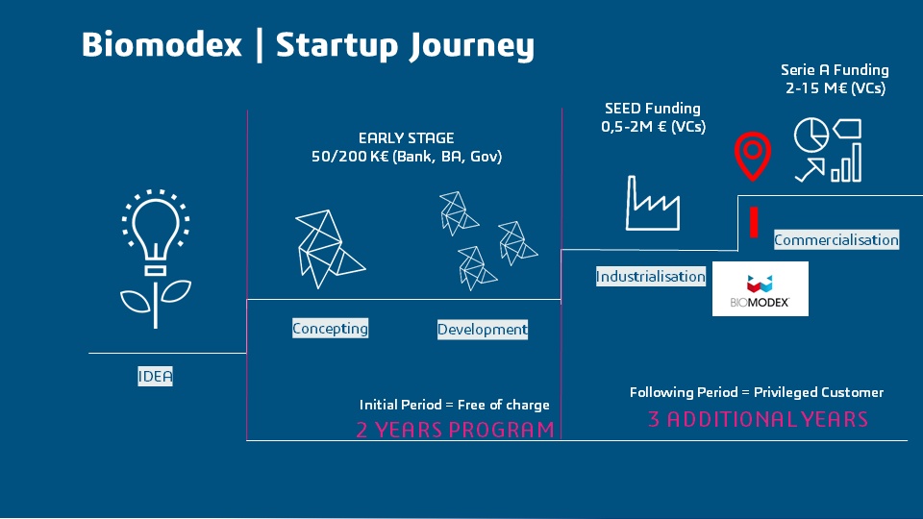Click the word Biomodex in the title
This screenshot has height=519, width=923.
tap(162, 45)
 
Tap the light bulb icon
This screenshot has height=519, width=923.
tap(155, 231)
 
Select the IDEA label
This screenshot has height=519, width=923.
tap(155, 377)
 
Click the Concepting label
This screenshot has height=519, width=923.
tap(330, 329)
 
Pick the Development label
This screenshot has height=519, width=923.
tap(483, 330)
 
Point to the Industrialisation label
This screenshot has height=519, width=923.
tap(651, 277)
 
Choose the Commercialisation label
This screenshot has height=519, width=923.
tap(836, 240)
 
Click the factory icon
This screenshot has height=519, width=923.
tap(653, 202)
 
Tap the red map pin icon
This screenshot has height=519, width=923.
tap(754, 157)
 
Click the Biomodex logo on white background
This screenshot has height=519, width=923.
tap(760, 288)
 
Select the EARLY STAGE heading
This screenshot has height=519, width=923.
tap(406, 138)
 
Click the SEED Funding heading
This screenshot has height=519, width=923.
tap(653, 109)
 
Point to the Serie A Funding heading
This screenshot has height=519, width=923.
tap(835, 70)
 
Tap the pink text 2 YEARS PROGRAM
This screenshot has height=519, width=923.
tap(455, 430)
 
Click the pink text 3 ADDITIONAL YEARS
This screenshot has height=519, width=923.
tap(758, 420)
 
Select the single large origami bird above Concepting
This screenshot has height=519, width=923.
tap(325, 248)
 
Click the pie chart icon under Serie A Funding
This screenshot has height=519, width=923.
tap(811, 136)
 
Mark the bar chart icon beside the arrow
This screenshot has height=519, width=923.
tap(846, 165)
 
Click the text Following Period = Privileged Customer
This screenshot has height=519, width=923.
tap(756, 392)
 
